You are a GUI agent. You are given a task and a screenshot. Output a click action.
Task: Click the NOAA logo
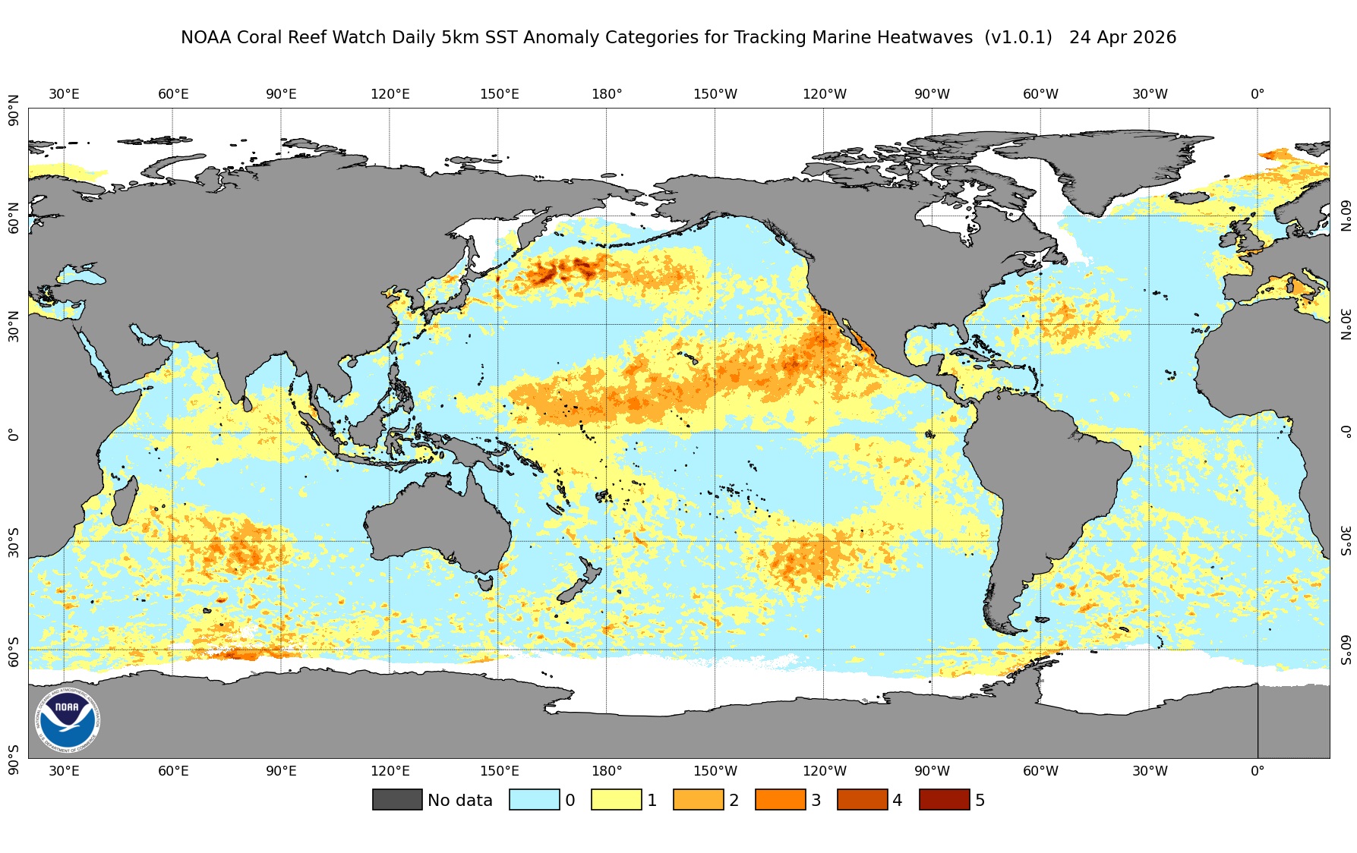click(67, 720)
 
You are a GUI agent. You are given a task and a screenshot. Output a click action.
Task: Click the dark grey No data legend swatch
click(397, 800)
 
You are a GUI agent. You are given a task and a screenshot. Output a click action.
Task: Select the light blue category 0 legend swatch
click(534, 800)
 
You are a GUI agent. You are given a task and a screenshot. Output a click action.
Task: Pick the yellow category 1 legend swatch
click(616, 800)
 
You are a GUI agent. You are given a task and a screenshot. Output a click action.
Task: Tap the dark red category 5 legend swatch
click(944, 800)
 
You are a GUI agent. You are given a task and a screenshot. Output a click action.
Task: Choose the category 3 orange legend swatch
click(780, 800)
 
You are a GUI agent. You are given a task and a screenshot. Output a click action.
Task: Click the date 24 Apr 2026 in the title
click(1122, 37)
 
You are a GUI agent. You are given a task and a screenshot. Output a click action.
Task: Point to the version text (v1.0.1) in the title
click(1018, 37)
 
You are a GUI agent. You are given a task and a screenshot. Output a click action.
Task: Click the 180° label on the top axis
click(607, 94)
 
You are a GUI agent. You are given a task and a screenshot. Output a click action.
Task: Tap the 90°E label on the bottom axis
click(281, 771)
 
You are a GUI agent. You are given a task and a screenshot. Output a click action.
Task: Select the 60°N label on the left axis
click(13, 217)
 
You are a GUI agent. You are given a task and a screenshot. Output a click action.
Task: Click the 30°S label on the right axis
click(1345, 540)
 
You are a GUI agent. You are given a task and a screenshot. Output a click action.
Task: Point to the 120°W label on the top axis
click(824, 94)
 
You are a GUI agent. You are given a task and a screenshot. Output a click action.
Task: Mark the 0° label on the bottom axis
click(1258, 771)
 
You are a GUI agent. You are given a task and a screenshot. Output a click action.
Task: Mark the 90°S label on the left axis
click(13, 759)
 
